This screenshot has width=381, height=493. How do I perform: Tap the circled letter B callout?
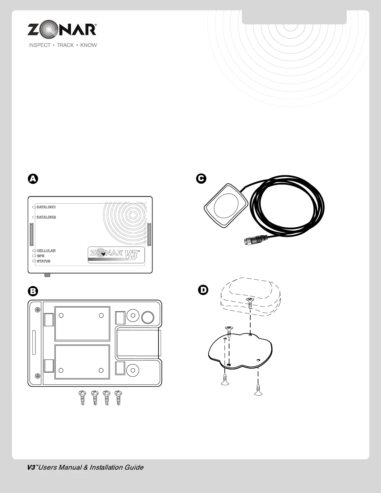click(33, 291)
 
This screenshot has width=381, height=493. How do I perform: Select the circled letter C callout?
click(201, 178)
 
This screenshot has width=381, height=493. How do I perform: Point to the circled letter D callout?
click(203, 290)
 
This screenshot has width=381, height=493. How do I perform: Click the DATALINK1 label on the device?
click(46, 207)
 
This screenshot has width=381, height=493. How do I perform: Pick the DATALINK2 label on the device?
click(46, 217)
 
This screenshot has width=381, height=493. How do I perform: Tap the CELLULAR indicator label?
click(46, 251)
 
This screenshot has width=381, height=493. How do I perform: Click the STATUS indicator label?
click(43, 261)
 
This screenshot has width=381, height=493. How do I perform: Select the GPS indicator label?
click(40, 256)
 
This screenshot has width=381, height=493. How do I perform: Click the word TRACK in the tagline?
click(65, 45)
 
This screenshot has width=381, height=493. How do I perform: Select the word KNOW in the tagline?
click(88, 45)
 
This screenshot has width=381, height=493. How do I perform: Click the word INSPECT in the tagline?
click(40, 45)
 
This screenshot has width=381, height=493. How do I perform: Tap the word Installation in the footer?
click(103, 467)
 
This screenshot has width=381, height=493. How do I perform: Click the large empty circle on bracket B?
click(148, 317)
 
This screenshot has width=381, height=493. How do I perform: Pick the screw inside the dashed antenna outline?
click(250, 301)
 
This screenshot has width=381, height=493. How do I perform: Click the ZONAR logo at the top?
click(62, 30)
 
